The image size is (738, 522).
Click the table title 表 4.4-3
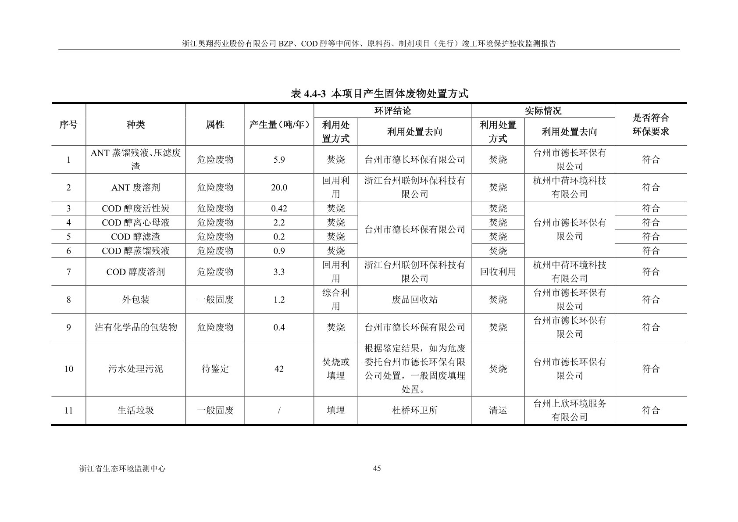pos(380,93)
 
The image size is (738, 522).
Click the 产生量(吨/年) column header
pos(279,125)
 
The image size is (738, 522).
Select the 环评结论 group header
pos(392,111)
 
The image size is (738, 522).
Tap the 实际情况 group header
pos(543,111)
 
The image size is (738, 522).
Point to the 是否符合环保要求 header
pos(651,125)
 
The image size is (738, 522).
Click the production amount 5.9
pos(279,160)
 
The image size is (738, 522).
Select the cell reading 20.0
pos(279,188)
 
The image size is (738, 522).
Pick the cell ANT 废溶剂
pos(135,188)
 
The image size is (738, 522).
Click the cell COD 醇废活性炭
pos(135,208)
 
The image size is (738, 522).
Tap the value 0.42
pos(279,208)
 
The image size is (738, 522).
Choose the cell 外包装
pos(135,300)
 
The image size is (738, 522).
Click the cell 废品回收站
pos(414,300)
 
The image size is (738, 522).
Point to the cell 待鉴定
pos(215,369)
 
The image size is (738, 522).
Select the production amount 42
pos(279,369)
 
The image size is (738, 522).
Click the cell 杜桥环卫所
pos(414,411)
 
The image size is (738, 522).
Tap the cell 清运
pos(498,411)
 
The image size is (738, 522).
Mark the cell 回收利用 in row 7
pos(498,272)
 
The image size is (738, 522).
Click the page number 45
pos(377,468)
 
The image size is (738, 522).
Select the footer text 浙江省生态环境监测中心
pos(122,468)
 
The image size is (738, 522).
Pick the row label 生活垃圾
pos(135,411)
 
